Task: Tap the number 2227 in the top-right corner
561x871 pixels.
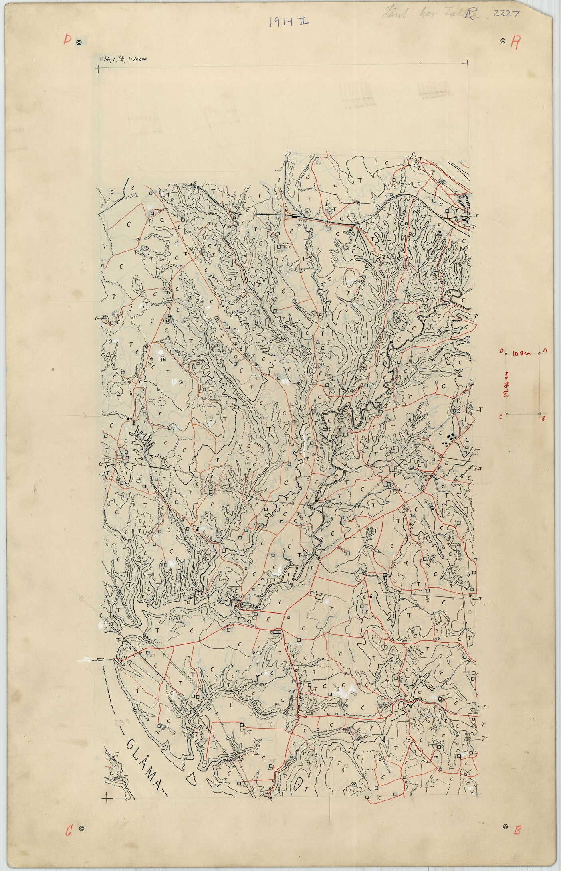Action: [506, 14]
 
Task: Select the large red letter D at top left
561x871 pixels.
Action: [68, 40]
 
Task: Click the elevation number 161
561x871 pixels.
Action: [163, 359]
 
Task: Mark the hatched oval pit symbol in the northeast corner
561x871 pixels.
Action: [465, 201]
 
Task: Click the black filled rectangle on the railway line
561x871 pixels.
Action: [295, 216]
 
